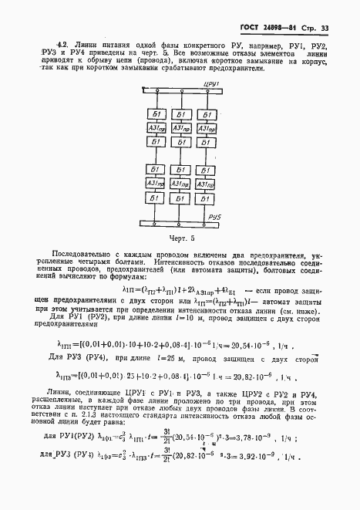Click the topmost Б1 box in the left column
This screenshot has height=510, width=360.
point(156,114)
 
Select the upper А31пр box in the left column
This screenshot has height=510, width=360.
point(156,128)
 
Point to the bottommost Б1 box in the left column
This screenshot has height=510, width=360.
point(156,199)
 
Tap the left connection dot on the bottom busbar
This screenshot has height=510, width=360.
point(156,223)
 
